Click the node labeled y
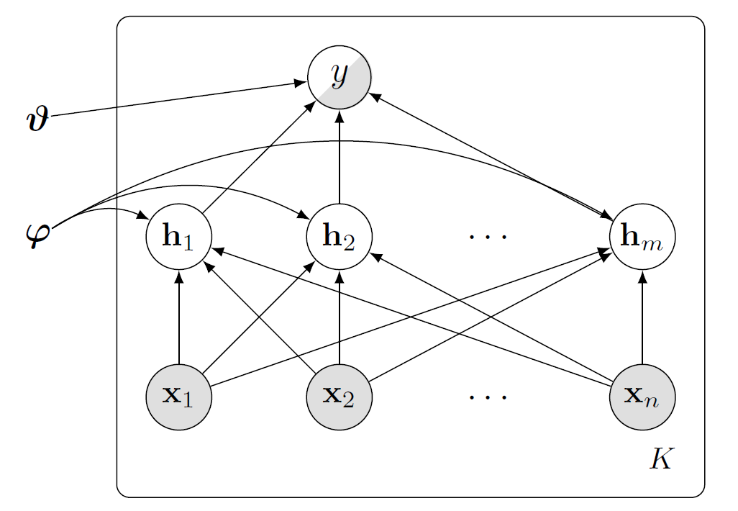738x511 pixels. coord(339,76)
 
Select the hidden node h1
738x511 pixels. coord(178,237)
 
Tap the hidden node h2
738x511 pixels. coord(339,237)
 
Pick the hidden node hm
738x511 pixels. coord(642,237)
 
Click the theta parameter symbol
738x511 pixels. coord(36,118)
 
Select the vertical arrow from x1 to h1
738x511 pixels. coord(178,317)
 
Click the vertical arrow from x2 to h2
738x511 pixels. coord(339,317)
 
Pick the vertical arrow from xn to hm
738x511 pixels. coord(642,317)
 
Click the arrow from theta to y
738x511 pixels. coord(173,100)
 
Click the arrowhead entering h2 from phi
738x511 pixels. coord(302,214)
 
